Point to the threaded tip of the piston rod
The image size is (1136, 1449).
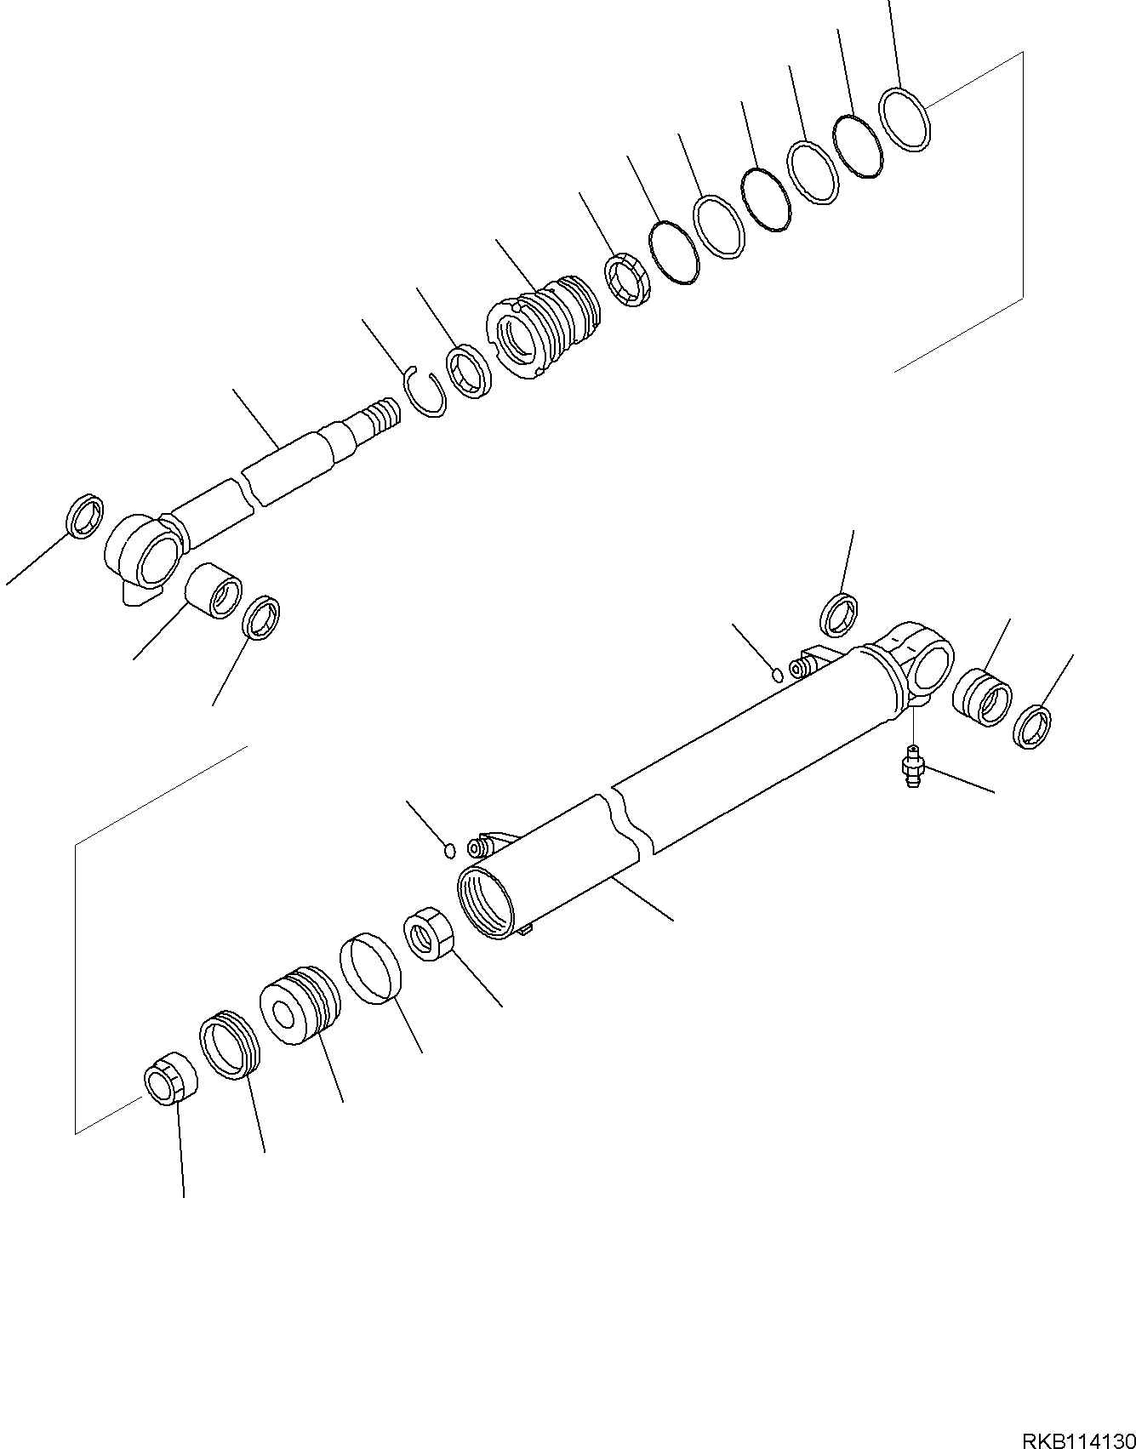pyautogui.click(x=380, y=417)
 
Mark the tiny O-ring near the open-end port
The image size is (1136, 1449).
pyautogui.click(x=451, y=848)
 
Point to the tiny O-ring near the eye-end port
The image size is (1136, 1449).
pyautogui.click(x=777, y=675)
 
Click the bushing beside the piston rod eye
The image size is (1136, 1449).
pyautogui.click(x=214, y=590)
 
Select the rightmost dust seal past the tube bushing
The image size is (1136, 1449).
pyautogui.click(x=1032, y=727)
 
